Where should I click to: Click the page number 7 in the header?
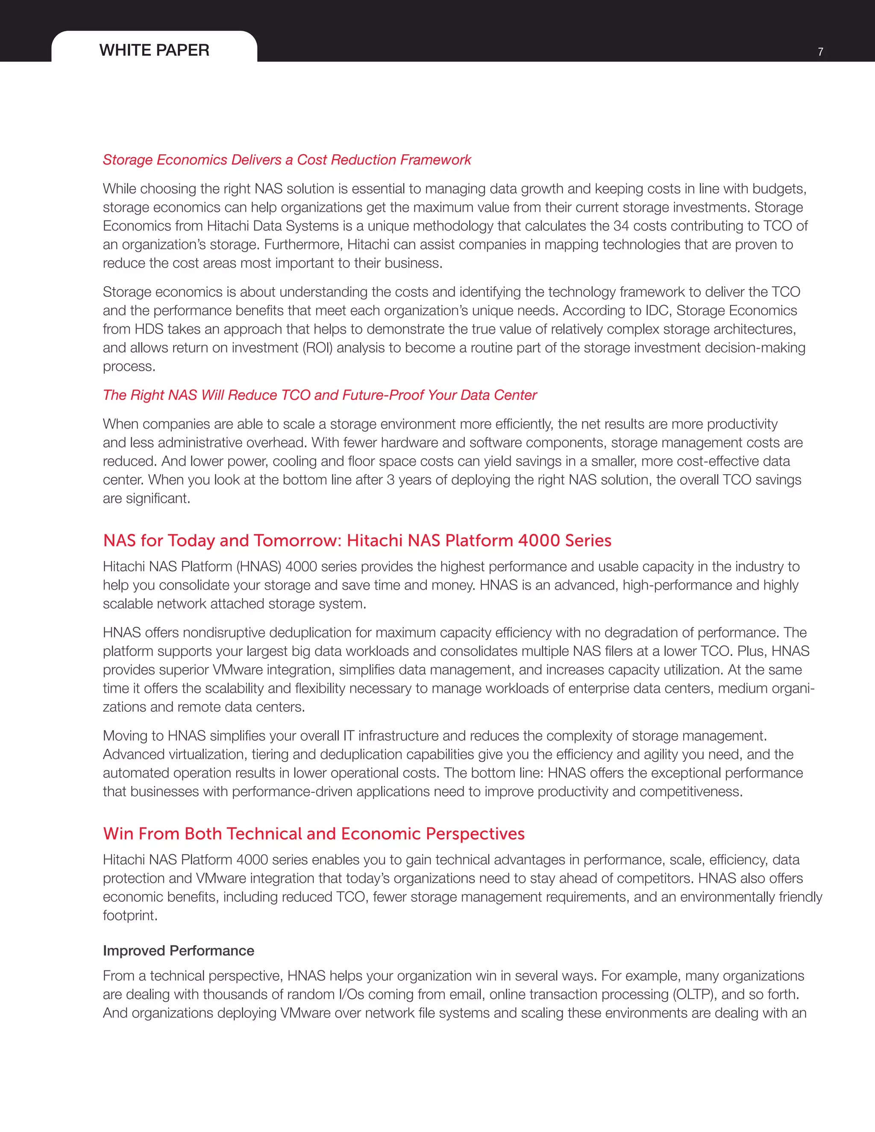point(820,52)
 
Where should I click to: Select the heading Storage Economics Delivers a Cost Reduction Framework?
point(287,160)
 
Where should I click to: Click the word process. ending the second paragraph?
point(129,367)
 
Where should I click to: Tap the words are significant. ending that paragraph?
point(146,499)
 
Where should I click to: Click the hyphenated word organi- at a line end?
point(793,689)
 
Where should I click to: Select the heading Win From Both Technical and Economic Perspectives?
point(314,834)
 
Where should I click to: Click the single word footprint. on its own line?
point(130,916)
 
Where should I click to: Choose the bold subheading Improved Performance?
point(178,950)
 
